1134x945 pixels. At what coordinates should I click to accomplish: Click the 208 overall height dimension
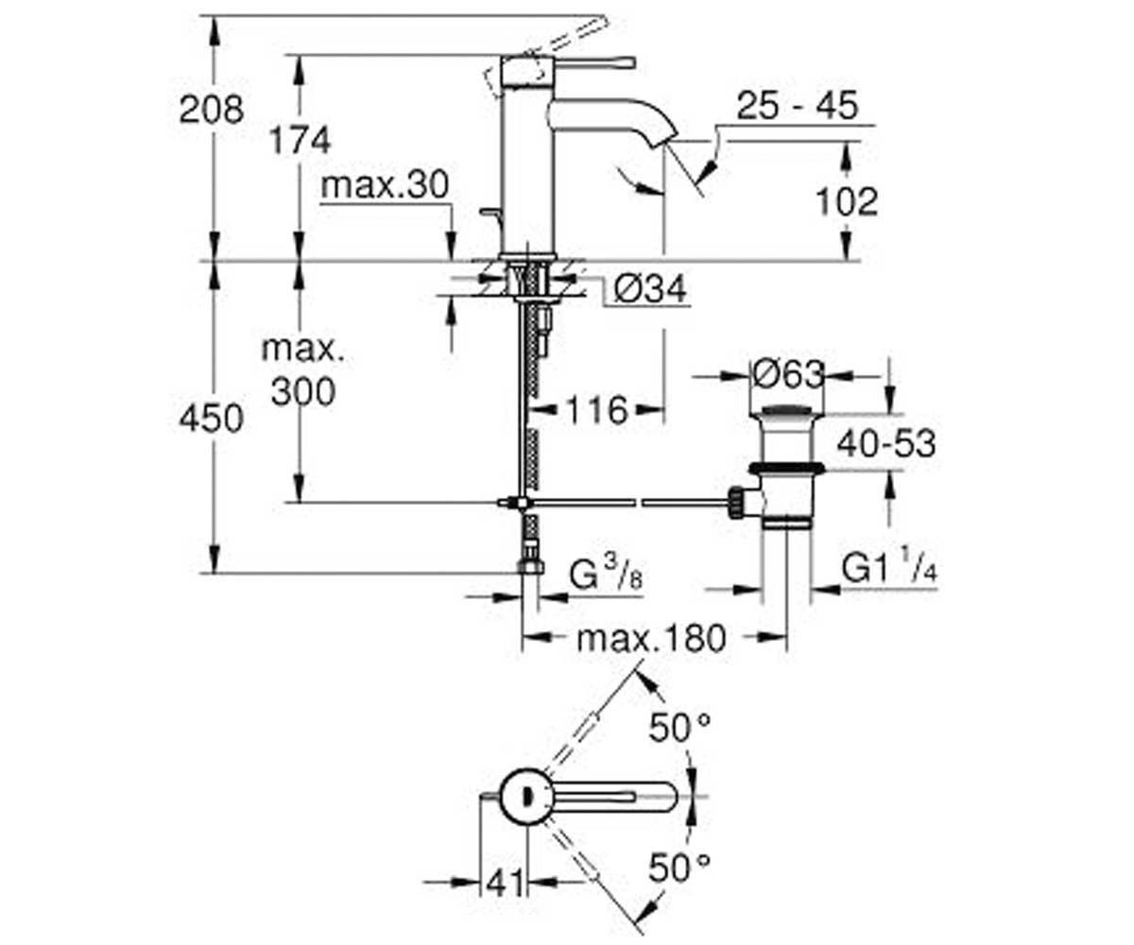[x=212, y=110]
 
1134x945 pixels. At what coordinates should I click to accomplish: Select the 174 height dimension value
[x=301, y=140]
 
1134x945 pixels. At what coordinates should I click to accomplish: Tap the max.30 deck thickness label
[x=385, y=185]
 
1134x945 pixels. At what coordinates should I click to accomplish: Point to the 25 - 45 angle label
[x=798, y=106]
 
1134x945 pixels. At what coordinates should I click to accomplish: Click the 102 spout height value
[x=848, y=202]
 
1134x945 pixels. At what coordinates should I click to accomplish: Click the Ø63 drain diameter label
[x=788, y=374]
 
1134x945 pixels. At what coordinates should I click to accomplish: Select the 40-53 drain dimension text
[x=886, y=442]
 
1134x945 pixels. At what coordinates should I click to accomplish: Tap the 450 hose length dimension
[x=212, y=419]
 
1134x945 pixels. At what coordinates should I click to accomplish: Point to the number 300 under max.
[x=303, y=391]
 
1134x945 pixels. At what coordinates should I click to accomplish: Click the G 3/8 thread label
[x=606, y=575]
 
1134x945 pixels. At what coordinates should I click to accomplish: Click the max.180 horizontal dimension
[x=651, y=638]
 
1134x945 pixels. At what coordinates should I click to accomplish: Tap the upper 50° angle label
[x=679, y=728]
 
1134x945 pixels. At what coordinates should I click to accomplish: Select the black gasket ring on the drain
[x=787, y=468]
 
